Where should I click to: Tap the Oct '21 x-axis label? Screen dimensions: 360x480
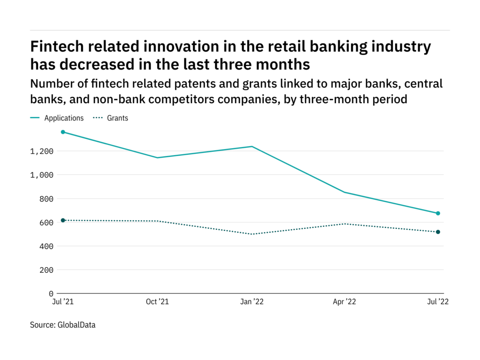tap(157, 302)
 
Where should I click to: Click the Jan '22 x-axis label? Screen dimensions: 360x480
tap(252, 302)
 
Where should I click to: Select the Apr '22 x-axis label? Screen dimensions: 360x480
tap(344, 302)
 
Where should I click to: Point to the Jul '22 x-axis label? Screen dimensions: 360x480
tap(438, 302)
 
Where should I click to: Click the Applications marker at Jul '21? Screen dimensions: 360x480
tap(63, 132)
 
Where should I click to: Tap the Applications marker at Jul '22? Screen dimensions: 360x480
tap(438, 213)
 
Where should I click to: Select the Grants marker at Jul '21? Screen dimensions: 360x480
tap(63, 220)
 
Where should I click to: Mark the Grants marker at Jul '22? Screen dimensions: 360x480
tap(438, 232)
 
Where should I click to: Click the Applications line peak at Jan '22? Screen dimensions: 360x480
tap(252, 146)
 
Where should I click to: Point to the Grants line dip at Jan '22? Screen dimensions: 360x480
tap(252, 234)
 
